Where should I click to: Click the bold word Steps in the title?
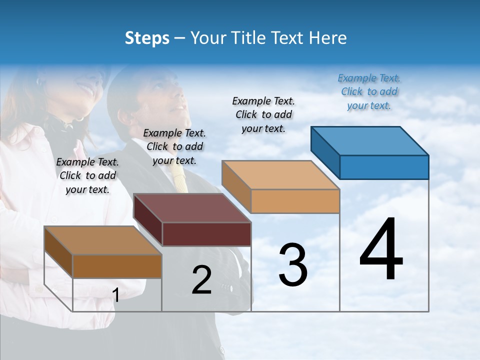point(147,38)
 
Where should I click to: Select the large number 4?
point(381,249)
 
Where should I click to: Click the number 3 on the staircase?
point(293,265)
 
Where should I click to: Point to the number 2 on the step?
point(201,280)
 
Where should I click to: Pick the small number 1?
point(116,295)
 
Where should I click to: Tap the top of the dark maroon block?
point(192,208)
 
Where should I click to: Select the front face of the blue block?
point(384,167)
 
